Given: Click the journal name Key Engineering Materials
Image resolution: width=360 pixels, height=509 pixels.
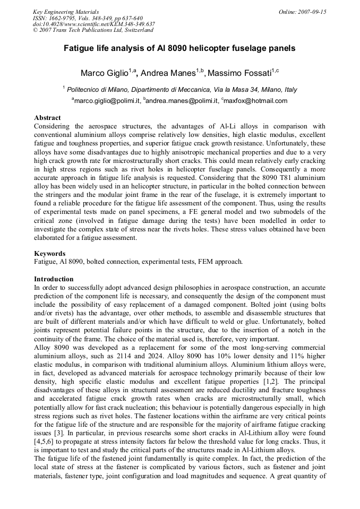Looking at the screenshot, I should point(66,12).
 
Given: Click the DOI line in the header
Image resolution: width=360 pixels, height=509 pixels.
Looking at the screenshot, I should point(94,24).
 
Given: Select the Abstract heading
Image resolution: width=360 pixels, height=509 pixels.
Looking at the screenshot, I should point(47,117).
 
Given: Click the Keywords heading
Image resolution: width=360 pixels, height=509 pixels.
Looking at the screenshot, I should point(49,253).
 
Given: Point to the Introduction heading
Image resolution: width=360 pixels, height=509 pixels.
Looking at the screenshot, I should point(54,279).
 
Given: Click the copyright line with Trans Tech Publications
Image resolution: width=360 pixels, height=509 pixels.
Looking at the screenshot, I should point(93,30).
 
